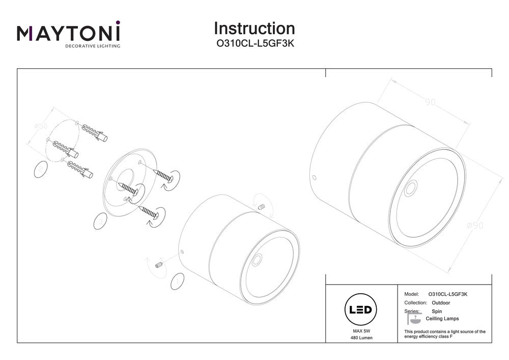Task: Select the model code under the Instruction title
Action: click(x=254, y=44)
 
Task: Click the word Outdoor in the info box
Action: click(x=440, y=302)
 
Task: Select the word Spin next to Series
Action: click(x=437, y=311)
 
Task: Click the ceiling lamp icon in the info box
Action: click(x=413, y=319)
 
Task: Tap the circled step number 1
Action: click(x=177, y=280)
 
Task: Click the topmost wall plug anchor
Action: click(x=94, y=131)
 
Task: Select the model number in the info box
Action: click(x=448, y=294)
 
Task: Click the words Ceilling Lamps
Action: click(x=442, y=319)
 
